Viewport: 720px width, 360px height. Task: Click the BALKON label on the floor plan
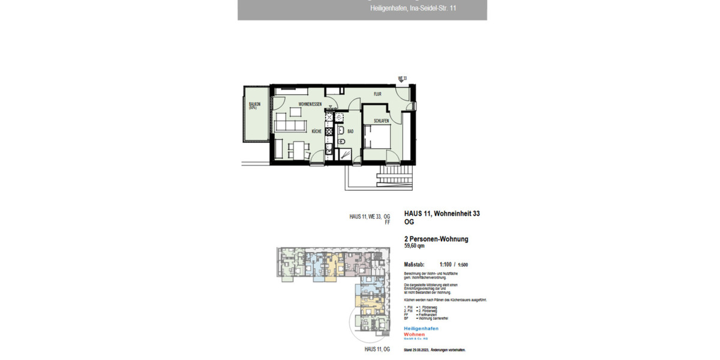(253, 106)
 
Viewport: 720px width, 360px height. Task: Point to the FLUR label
(377, 94)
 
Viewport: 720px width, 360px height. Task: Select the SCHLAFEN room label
(381, 121)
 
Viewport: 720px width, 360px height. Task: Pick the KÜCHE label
(316, 131)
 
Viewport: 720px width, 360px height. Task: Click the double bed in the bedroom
(378, 140)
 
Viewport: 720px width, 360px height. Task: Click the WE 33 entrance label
(402, 79)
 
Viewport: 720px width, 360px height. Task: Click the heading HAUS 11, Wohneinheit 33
(442, 214)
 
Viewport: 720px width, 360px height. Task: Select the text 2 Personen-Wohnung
(436, 239)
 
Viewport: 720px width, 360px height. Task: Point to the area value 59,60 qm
(415, 245)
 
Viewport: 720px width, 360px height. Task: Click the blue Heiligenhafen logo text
(421, 329)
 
